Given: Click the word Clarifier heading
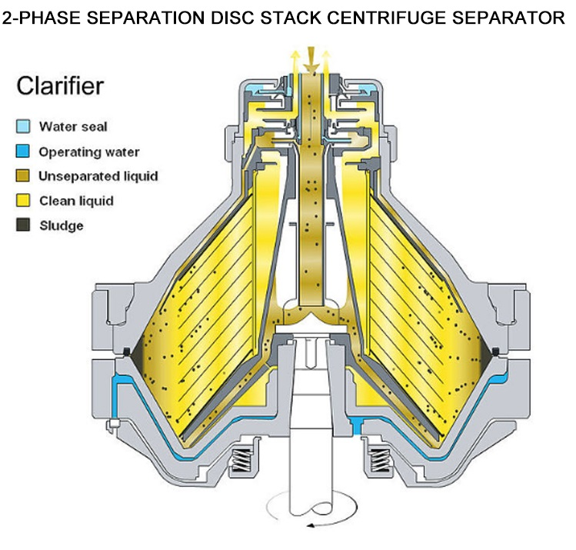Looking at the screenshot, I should [x=60, y=87].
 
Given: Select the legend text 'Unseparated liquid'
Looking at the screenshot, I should [x=98, y=176].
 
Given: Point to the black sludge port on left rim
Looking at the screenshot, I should [x=125, y=353].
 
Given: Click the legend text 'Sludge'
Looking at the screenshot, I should [x=62, y=225].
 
